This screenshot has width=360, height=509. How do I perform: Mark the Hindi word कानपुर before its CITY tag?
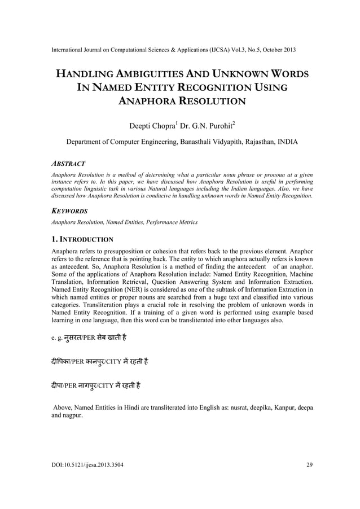(x=102, y=361)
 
